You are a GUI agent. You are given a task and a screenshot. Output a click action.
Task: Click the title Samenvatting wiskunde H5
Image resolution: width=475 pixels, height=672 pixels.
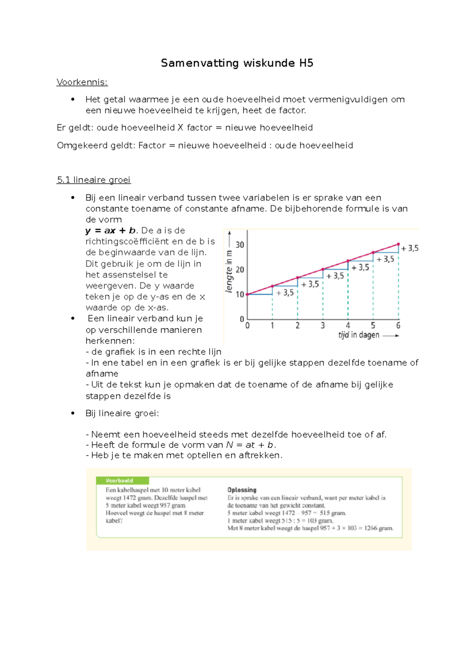coord(237,63)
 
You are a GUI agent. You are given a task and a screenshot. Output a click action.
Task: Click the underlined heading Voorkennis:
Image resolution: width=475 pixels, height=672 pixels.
coord(82,82)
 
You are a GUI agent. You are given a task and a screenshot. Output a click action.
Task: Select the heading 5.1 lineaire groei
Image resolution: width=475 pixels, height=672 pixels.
coord(93,180)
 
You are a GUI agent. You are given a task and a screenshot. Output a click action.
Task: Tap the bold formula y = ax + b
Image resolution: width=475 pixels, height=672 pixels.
coord(110,231)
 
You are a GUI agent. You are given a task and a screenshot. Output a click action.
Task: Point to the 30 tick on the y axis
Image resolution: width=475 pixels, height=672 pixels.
coord(240,245)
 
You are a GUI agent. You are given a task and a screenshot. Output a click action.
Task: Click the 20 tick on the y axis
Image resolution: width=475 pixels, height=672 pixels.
coord(240,270)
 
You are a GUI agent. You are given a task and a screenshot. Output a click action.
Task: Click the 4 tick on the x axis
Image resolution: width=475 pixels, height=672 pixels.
coord(348,326)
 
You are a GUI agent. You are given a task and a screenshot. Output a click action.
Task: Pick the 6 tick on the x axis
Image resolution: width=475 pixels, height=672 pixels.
coord(398,326)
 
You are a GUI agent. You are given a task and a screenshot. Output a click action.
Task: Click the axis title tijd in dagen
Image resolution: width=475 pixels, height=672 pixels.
coord(359,335)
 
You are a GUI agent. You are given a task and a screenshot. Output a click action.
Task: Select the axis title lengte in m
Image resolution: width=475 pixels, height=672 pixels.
coord(229,272)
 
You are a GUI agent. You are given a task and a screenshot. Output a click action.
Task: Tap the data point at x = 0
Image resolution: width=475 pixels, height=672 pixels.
coord(247,294)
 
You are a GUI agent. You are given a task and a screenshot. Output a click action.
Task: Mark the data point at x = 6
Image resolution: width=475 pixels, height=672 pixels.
coord(398,244)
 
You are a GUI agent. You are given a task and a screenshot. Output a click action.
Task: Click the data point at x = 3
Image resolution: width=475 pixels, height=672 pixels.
coord(323,269)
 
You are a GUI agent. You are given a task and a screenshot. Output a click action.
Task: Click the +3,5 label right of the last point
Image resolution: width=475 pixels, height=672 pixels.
coord(410,249)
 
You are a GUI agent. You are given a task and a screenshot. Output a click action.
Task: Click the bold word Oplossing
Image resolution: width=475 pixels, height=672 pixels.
coord(242,490)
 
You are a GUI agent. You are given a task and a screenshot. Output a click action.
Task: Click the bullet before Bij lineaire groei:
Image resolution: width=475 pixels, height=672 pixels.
coord(73,413)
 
